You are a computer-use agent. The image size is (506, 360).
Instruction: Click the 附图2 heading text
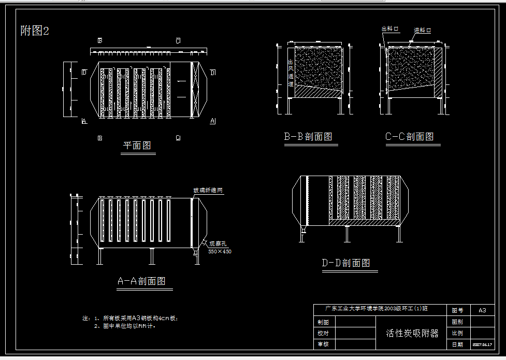click(x=35, y=31)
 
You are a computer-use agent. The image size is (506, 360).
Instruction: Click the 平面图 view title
click(x=137, y=146)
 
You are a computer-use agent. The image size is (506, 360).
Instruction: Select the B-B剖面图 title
click(x=308, y=137)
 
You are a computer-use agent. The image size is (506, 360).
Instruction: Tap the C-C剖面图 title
click(x=409, y=137)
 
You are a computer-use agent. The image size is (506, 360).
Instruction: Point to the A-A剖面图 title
click(x=141, y=281)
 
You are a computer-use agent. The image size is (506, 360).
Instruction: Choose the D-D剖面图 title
click(x=346, y=263)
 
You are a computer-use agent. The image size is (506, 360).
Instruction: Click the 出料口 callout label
click(x=391, y=30)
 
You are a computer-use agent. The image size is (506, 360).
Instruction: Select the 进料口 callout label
click(x=423, y=31)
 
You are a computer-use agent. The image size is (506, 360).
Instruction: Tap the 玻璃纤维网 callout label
click(x=208, y=191)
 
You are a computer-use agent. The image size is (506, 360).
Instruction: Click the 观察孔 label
click(x=218, y=243)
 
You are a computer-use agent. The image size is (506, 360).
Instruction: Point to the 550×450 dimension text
click(x=220, y=251)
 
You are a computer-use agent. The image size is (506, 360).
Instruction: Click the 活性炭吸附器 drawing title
click(x=412, y=333)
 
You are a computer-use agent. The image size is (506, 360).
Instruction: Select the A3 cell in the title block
click(x=482, y=310)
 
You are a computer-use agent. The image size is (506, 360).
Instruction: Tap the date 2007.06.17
click(x=482, y=344)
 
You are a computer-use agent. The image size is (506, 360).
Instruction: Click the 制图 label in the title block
click(x=323, y=322)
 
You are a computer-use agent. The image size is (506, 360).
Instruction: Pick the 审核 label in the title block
click(x=323, y=344)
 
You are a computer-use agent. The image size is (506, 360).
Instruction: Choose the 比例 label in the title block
click(x=457, y=333)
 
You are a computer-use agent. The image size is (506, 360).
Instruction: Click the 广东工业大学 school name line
click(x=377, y=309)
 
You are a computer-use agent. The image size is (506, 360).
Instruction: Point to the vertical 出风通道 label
click(x=291, y=73)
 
